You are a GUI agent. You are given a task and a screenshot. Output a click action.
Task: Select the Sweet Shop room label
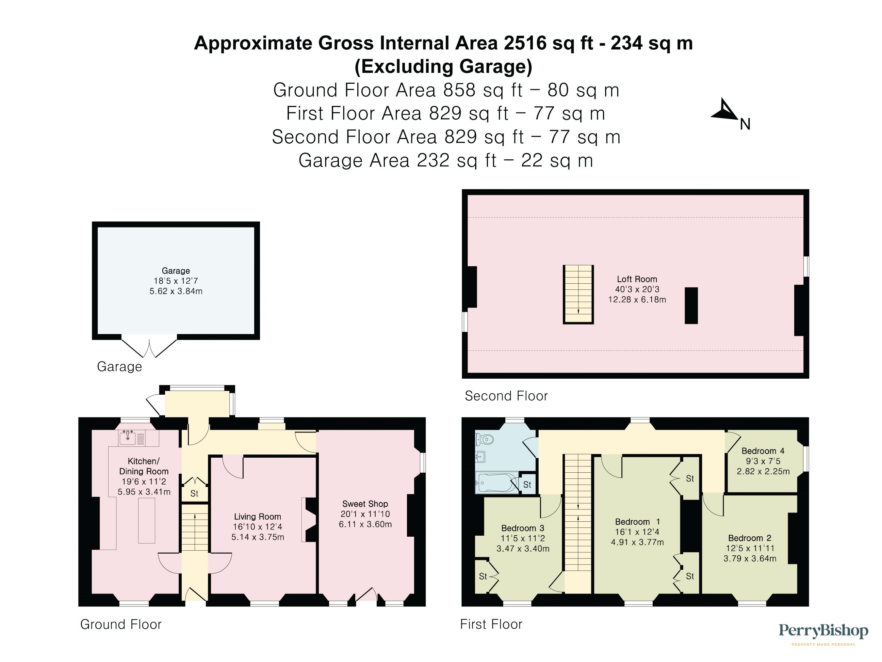pyautogui.click(x=365, y=504)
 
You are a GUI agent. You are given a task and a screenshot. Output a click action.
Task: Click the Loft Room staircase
pyautogui.click(x=578, y=295)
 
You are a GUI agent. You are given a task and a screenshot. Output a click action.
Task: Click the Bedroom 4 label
pyautogui.click(x=763, y=451)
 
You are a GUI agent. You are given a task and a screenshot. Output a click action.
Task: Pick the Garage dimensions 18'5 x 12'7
pyautogui.click(x=176, y=281)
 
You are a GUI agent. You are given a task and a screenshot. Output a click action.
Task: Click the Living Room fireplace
pyautogui.click(x=309, y=520)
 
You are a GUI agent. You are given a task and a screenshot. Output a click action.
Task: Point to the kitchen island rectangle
pyautogui.click(x=146, y=521)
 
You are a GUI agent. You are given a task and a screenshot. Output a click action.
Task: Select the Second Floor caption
pyautogui.click(x=506, y=396)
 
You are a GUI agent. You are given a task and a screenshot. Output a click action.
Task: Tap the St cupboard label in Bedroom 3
pyautogui.click(x=483, y=576)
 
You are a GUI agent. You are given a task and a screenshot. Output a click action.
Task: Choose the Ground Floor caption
pyautogui.click(x=121, y=624)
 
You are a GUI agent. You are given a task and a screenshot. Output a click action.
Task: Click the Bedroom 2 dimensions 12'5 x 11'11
pyautogui.click(x=750, y=548)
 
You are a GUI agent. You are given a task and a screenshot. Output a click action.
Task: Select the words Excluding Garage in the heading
pyautogui.click(x=443, y=67)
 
